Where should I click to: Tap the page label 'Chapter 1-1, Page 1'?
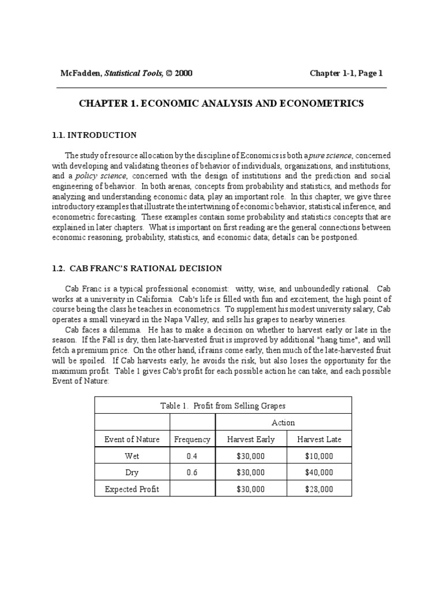(346, 73)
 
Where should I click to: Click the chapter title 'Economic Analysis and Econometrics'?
(221, 104)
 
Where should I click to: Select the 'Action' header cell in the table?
(283, 422)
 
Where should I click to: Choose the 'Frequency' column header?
(192, 439)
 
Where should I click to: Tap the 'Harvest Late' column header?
(319, 439)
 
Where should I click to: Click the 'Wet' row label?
(132, 456)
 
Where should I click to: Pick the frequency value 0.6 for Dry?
(192, 472)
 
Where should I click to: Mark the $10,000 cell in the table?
(319, 456)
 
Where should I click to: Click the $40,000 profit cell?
(319, 472)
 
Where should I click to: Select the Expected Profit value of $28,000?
(319, 489)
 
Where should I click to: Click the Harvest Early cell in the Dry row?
(250, 472)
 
